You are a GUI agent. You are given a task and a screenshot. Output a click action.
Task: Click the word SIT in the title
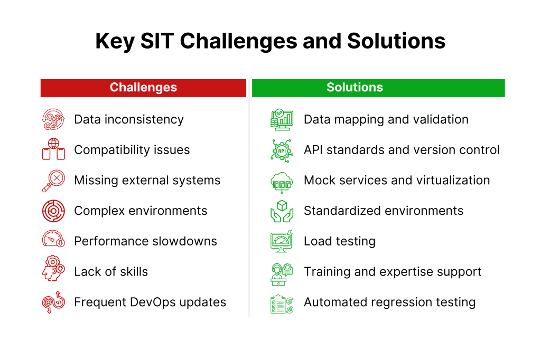pos(157,41)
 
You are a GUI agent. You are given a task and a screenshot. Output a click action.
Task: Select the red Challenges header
pos(143,88)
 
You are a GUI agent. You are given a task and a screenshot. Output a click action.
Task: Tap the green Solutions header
pos(378,88)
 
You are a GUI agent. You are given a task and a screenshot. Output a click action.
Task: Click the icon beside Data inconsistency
pos(53,119)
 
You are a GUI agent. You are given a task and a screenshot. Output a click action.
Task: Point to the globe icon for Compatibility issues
pos(53,149)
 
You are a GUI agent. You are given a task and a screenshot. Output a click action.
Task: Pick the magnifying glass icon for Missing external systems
pos(53,181)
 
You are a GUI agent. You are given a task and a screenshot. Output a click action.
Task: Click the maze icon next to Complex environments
pos(53,211)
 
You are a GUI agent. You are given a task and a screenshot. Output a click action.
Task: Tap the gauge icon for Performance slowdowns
pos(53,239)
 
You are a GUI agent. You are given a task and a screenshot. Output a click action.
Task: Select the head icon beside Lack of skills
pos(53,268)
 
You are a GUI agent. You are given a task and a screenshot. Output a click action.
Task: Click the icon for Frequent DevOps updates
pos(53,302)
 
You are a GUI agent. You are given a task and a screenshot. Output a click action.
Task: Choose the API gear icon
pos(282,150)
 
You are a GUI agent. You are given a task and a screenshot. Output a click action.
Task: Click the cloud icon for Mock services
pos(282,182)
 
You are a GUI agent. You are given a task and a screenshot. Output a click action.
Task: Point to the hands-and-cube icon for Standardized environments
pos(282,211)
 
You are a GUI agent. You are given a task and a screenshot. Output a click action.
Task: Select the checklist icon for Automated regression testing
pos(282,304)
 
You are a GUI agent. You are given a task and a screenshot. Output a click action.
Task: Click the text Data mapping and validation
pos(386,120)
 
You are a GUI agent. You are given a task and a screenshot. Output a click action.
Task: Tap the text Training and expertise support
pos(393,272)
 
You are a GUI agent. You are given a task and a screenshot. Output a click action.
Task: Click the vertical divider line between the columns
pos(249,198)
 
